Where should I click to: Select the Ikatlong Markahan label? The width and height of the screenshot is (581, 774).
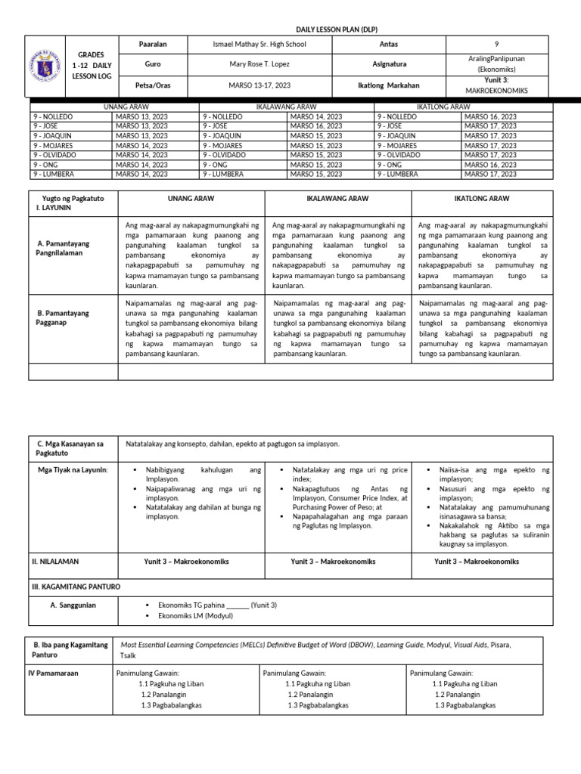click(x=388, y=85)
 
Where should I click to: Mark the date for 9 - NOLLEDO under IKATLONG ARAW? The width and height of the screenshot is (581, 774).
click(x=490, y=117)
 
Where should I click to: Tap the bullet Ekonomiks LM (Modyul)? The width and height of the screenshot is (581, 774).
click(x=195, y=616)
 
